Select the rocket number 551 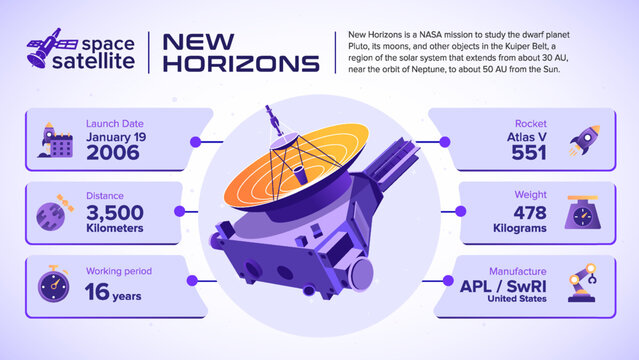[x=529, y=152]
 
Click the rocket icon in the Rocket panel [x=583, y=140]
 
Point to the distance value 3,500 [x=115, y=212]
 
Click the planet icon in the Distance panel [x=52, y=213]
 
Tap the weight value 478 [x=529, y=212]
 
